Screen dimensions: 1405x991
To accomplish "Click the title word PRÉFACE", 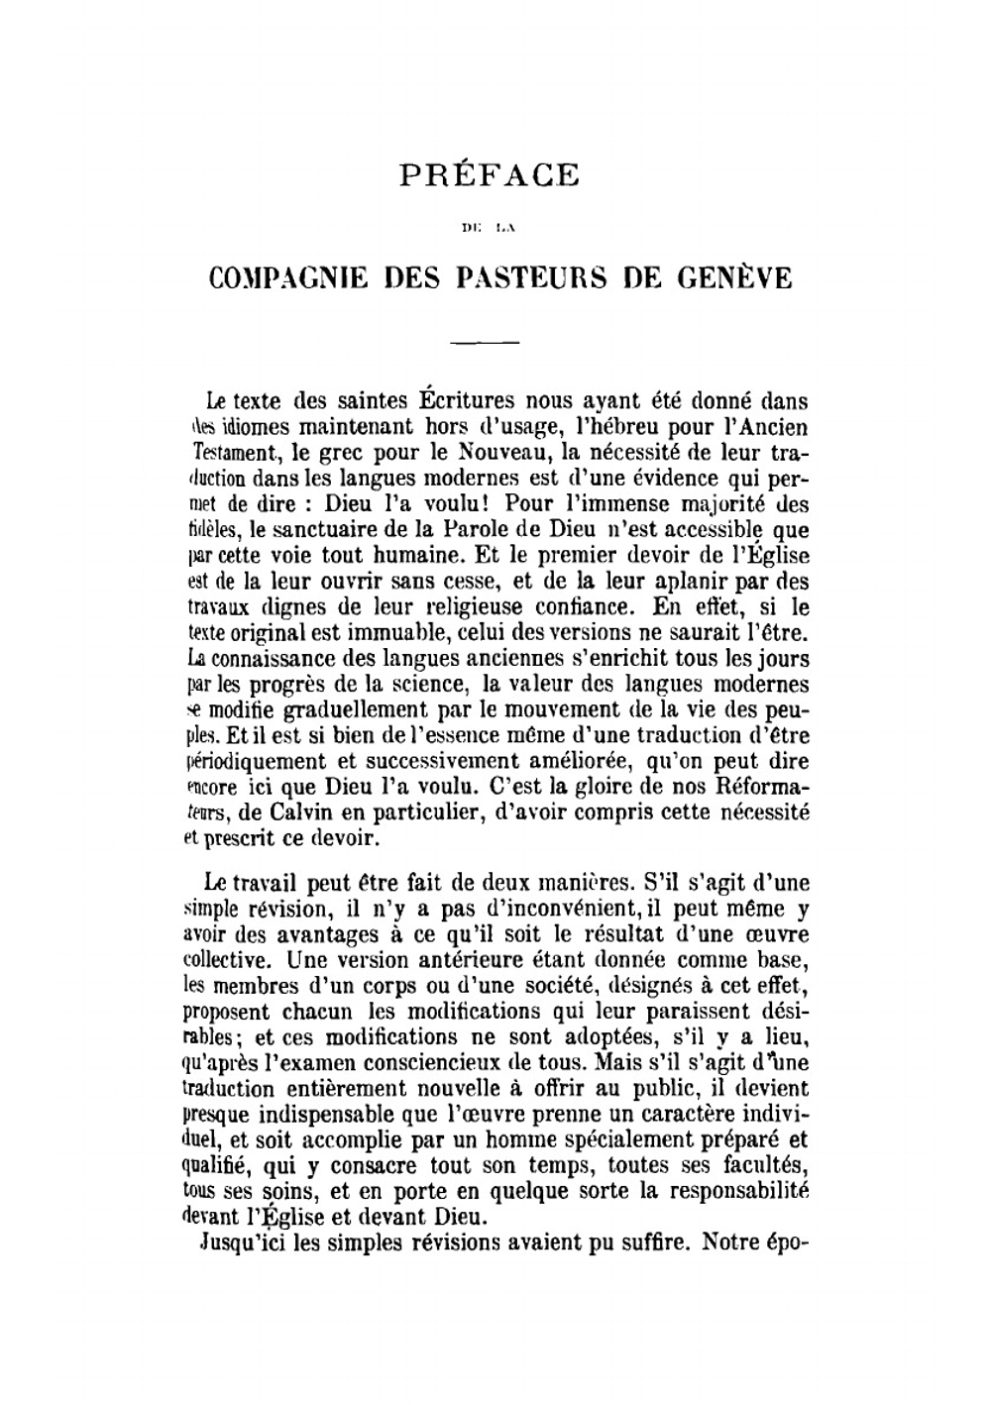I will (490, 174).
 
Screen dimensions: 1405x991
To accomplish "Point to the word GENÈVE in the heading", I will (735, 278).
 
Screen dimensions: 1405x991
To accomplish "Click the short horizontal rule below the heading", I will (486, 343).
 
